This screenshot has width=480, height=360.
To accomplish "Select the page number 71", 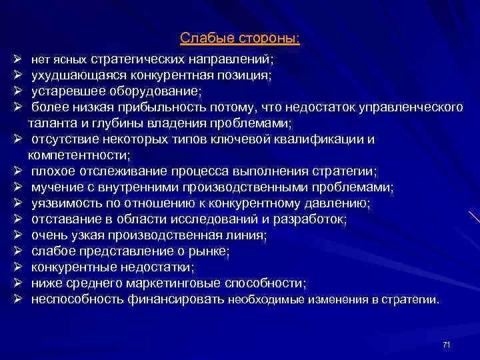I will click(446, 344).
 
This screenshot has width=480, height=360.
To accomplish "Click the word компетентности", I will click(79, 155).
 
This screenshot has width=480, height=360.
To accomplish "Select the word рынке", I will click(211, 251).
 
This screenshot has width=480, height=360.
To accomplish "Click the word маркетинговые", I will click(169, 283).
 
